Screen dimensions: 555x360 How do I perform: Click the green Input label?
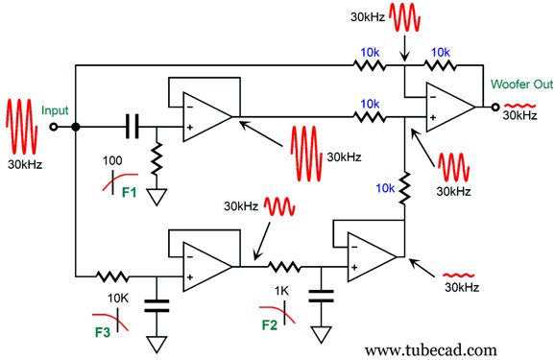coord(55,110)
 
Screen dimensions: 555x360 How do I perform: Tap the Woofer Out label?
coord(521,84)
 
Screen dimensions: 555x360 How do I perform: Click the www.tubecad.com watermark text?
coord(431,349)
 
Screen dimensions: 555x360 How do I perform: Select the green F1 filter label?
coord(130,193)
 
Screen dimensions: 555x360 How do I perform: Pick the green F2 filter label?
coord(270,324)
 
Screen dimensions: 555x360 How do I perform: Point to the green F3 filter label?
coord(103,332)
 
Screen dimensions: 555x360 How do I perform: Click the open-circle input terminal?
coord(54,127)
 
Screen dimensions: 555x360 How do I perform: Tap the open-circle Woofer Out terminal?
coord(495,107)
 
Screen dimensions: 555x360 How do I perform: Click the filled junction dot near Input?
coord(76,127)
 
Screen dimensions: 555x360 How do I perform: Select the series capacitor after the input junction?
coord(133,127)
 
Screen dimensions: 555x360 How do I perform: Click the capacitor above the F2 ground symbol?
coord(321,296)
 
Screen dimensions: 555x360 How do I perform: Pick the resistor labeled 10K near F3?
coord(112,276)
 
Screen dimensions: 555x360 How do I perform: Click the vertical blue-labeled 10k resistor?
coord(404,188)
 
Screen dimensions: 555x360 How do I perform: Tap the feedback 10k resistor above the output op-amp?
coord(440,65)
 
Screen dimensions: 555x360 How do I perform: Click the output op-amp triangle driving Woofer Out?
coord(450,107)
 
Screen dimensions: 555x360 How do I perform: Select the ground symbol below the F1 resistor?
coord(157,197)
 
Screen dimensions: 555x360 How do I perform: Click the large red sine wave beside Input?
coord(22,127)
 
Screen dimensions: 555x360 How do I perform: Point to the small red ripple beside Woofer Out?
coord(519,106)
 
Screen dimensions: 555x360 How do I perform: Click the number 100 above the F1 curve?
coord(112,160)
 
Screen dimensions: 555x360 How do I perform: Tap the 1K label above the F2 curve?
coord(281,291)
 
